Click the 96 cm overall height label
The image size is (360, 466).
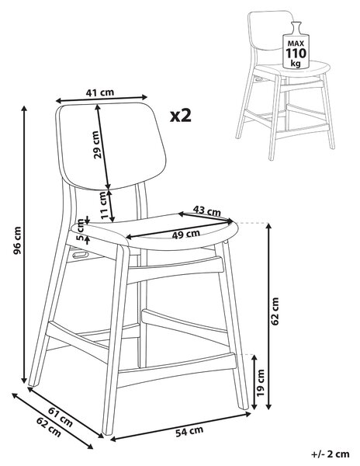point(18,241)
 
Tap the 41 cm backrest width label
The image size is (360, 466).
point(100,92)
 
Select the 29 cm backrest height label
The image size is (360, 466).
point(97,144)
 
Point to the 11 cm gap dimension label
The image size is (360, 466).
point(102,205)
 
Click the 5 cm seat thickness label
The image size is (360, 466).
point(80,229)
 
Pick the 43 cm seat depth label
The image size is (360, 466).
point(207,210)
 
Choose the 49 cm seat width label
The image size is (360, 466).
point(186,235)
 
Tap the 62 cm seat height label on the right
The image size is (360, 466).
point(275,311)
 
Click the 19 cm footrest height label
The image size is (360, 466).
point(260,382)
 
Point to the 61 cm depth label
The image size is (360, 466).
point(61,416)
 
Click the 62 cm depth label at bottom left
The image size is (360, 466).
point(48,427)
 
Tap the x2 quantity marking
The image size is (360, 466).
point(181,116)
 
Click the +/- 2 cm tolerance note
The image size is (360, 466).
point(331,454)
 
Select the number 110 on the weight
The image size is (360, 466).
point(296,53)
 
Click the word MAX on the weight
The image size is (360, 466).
point(296,43)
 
